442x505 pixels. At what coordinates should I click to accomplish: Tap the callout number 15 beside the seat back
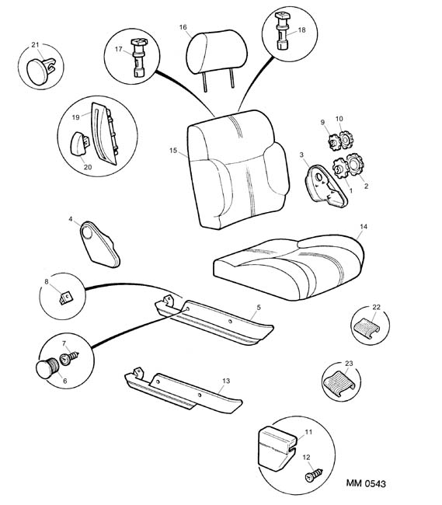(173, 151)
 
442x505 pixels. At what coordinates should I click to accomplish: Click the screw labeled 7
(69, 358)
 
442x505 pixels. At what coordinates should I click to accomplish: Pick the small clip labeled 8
(66, 297)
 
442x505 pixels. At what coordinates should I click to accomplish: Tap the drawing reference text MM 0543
(366, 483)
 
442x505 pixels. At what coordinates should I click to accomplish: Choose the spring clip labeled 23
(338, 383)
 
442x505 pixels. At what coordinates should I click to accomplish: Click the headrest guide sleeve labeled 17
(138, 58)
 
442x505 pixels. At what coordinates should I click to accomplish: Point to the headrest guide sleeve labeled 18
(282, 30)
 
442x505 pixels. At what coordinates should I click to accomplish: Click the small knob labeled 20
(80, 144)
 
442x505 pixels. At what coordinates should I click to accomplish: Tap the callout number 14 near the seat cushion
(364, 227)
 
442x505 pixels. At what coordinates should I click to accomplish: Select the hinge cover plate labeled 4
(99, 244)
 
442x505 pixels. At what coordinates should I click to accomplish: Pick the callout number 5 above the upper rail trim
(259, 308)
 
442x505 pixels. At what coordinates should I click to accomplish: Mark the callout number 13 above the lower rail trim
(226, 381)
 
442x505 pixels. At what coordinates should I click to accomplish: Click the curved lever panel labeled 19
(104, 134)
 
